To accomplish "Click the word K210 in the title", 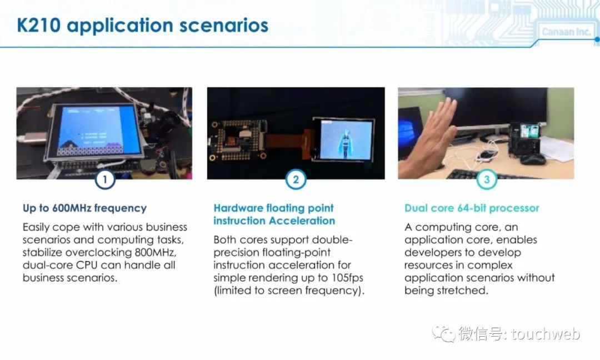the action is pyautogui.click(x=39, y=25).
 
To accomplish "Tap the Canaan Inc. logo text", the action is pyautogui.click(x=566, y=32).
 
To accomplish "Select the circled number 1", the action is pyautogui.click(x=105, y=179).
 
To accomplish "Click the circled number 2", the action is pyautogui.click(x=296, y=179).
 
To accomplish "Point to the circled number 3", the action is pyautogui.click(x=487, y=179).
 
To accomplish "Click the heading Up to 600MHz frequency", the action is pyautogui.click(x=84, y=208).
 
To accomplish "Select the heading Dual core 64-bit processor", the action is pyautogui.click(x=472, y=208).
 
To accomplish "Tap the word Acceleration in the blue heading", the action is pyautogui.click(x=302, y=221).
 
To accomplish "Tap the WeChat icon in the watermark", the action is pyautogui.click(x=443, y=334).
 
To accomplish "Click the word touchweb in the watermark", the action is pyautogui.click(x=546, y=334).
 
